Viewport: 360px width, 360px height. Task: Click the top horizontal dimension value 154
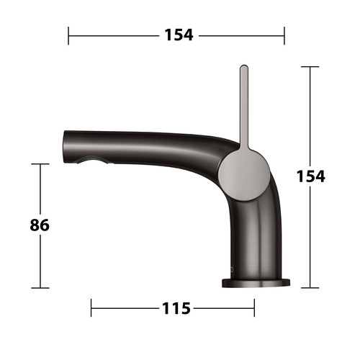[179, 35]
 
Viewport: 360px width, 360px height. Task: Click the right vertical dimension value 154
[311, 176]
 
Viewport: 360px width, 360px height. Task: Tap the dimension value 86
[40, 225]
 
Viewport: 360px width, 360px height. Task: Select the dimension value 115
[176, 308]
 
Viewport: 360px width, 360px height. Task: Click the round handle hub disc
[244, 175]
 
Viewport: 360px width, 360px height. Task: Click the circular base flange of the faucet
[256, 283]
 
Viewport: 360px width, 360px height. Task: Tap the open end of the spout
[64, 147]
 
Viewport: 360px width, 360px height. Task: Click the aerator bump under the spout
[92, 160]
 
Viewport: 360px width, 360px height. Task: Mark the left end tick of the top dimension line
[68, 36]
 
